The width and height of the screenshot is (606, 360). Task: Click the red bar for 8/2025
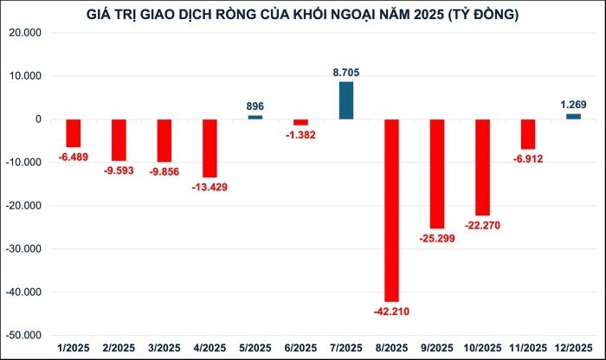click(391, 210)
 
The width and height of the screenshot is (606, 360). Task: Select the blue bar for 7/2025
click(345, 100)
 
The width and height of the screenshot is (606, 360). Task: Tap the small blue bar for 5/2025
click(255, 117)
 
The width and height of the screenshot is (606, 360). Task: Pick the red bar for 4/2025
click(209, 148)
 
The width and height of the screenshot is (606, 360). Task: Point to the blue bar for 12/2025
click(573, 116)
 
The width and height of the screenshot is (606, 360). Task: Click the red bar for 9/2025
click(437, 174)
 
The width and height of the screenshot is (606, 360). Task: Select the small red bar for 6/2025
click(300, 122)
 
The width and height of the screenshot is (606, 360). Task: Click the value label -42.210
click(391, 311)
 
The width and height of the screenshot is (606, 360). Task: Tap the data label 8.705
click(345, 74)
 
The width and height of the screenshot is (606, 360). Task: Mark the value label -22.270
click(482, 225)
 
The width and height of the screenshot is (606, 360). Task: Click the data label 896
click(255, 106)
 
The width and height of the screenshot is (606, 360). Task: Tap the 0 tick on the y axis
click(41, 119)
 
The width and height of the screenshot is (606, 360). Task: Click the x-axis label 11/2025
click(528, 348)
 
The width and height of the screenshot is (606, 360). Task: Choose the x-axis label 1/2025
click(73, 348)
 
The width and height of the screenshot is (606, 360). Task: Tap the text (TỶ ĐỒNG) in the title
click(480, 15)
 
